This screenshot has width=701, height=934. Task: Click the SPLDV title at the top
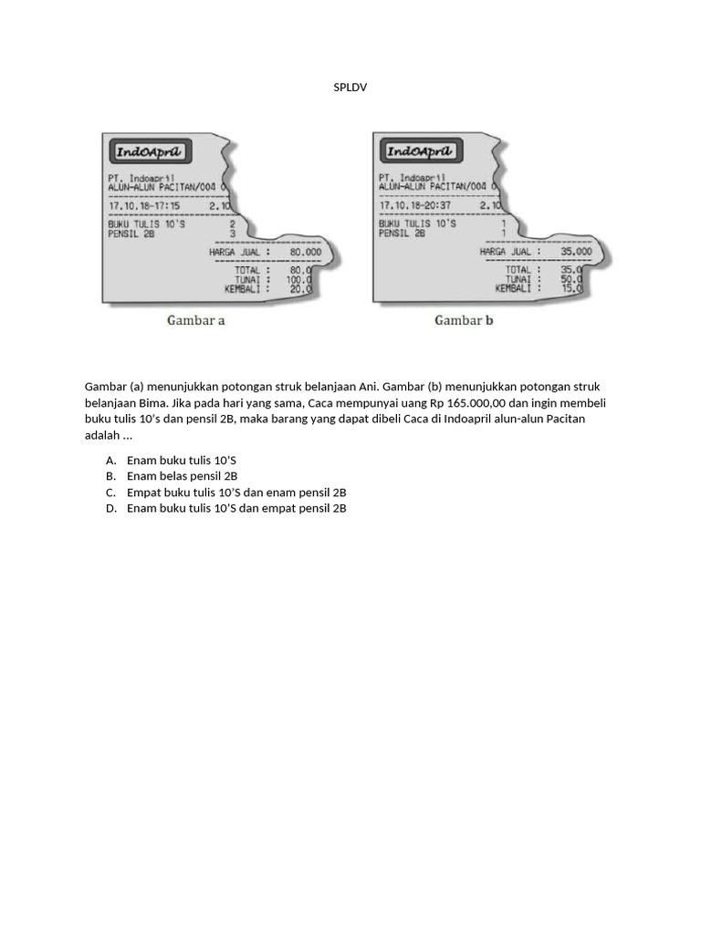[350, 87]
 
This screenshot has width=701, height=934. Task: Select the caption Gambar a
[195, 320]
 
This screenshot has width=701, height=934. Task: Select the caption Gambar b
[464, 320]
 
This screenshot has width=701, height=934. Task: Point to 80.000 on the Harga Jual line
[305, 251]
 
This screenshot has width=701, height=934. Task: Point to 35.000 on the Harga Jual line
[575, 251]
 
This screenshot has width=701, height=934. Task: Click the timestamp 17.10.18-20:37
[414, 205]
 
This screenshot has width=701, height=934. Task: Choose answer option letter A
[110, 460]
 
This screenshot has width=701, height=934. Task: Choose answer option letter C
[110, 493]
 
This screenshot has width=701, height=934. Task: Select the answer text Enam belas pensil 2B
[182, 476]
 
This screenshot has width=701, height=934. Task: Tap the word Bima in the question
[146, 403]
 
